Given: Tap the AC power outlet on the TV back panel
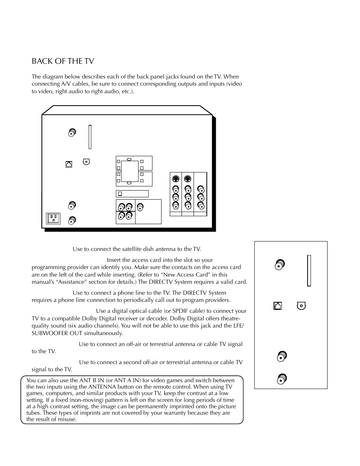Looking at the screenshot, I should pos(53,218).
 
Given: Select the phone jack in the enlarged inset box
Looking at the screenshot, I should pos(277,306).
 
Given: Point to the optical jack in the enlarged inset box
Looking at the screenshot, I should pos(301,305).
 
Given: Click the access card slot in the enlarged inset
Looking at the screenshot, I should pos(309,271).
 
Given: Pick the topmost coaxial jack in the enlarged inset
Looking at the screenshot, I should pos(280,265).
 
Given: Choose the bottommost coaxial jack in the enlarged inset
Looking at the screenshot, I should pos(282,378).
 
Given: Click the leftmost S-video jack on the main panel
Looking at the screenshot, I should pos(175,179).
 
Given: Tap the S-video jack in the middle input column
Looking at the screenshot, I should pos(188,179).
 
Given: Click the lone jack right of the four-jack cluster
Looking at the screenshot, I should pos(140,207).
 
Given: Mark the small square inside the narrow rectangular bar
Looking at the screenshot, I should pos(120,194).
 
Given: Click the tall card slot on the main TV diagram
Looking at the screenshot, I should pos(90,137).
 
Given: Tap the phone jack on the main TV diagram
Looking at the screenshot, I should pos(69,164).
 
